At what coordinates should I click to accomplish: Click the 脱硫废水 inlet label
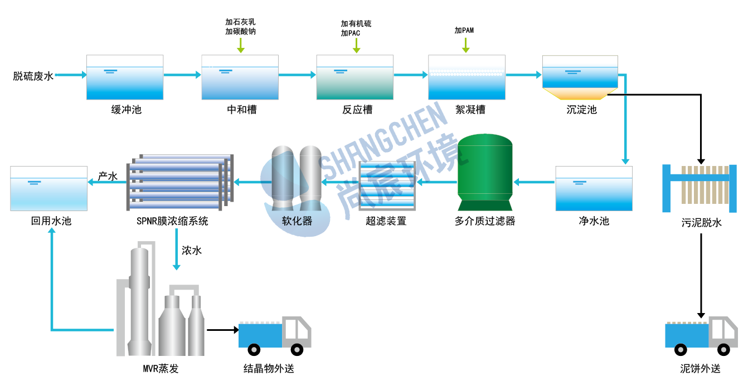(33, 76)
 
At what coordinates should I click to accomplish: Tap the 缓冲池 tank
(125, 77)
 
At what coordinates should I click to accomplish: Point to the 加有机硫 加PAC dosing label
(356, 28)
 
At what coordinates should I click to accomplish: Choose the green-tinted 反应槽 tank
(354, 77)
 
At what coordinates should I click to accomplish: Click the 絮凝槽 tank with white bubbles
(467, 77)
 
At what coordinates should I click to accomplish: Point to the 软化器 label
(297, 221)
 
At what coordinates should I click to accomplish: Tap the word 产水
(108, 177)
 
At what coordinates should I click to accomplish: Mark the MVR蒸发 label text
(161, 369)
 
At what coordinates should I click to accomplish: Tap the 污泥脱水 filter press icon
(699, 188)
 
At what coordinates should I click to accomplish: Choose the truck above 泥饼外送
(701, 336)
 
